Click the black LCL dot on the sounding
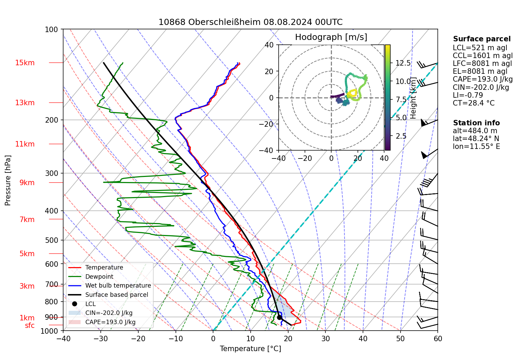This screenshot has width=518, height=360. pyautogui.click(x=279, y=317)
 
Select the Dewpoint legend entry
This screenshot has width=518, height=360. pyautogui.click(x=99, y=277)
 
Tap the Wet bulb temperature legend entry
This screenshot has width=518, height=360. pyautogui.click(x=118, y=286)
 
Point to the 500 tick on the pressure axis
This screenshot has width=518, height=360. pyautogui.click(x=52, y=240)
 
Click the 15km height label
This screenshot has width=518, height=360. pyautogui.click(x=25, y=63)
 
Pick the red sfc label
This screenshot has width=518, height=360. pyautogui.click(x=30, y=326)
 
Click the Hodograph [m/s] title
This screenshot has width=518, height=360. pyautogui.click(x=331, y=37)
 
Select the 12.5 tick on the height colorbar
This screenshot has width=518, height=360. pyautogui.click(x=403, y=63)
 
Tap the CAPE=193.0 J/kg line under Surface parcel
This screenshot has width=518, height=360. pyautogui.click(x=482, y=80)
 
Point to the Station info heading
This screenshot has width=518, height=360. pyautogui.click(x=476, y=123)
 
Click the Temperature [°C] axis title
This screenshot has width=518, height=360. pyautogui.click(x=250, y=349)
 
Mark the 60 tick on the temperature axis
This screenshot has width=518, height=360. pyautogui.click(x=438, y=339)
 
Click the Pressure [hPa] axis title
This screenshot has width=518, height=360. pyautogui.click(x=8, y=180)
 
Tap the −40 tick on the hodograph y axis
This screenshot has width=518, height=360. pyautogui.click(x=269, y=150)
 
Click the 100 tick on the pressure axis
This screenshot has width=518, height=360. pyautogui.click(x=52, y=30)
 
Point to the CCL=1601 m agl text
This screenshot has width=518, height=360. pyautogui.click(x=482, y=56)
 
